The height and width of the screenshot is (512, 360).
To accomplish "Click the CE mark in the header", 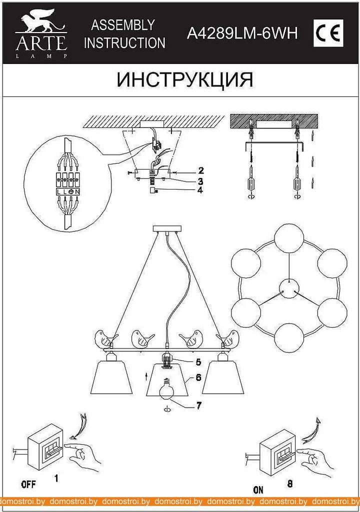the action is click(x=328, y=32).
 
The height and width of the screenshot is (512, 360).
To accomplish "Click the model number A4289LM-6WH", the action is click(x=242, y=33).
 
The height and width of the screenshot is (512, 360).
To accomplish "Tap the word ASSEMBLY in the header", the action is click(x=123, y=25).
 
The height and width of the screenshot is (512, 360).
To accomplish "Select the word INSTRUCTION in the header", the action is click(x=125, y=43).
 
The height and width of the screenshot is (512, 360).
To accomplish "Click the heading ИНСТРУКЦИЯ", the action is click(x=185, y=79).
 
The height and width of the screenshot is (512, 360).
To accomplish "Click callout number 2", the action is click(x=200, y=170).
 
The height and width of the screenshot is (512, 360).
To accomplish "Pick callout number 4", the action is click(x=200, y=189).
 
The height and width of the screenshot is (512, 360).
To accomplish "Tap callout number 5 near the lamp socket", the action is click(x=198, y=362).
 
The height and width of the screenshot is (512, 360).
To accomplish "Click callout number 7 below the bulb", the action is click(x=198, y=405).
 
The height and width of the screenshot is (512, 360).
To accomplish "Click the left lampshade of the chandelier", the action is click(x=111, y=377).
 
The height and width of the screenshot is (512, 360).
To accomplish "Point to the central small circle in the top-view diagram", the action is click(x=289, y=288).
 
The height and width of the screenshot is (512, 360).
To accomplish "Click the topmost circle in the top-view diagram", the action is click(x=289, y=238).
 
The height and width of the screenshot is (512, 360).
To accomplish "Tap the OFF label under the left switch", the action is click(x=28, y=484).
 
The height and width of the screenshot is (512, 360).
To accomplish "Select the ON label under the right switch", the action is click(x=258, y=489).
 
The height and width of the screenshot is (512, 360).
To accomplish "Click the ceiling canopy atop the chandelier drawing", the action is click(x=166, y=228).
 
